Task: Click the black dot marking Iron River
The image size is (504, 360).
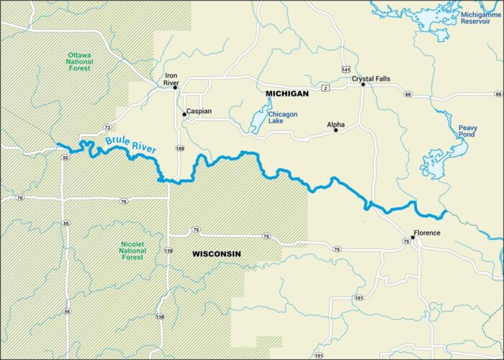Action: [175, 88]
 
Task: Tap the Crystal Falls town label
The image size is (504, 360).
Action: [370, 77]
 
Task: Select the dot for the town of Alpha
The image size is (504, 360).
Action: [336, 130]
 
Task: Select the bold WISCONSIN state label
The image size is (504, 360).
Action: [216, 254]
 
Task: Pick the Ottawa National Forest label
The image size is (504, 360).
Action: [85, 62]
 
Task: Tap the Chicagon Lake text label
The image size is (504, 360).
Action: [282, 117]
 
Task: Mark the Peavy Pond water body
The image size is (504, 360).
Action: [435, 162]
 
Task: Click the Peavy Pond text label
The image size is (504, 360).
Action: [467, 132]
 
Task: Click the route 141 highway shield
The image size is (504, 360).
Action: [346, 68]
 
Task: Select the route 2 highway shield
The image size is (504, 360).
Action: [325, 87]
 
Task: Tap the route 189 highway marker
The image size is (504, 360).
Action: [179, 148]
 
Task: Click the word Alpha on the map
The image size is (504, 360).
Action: [336, 124]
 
